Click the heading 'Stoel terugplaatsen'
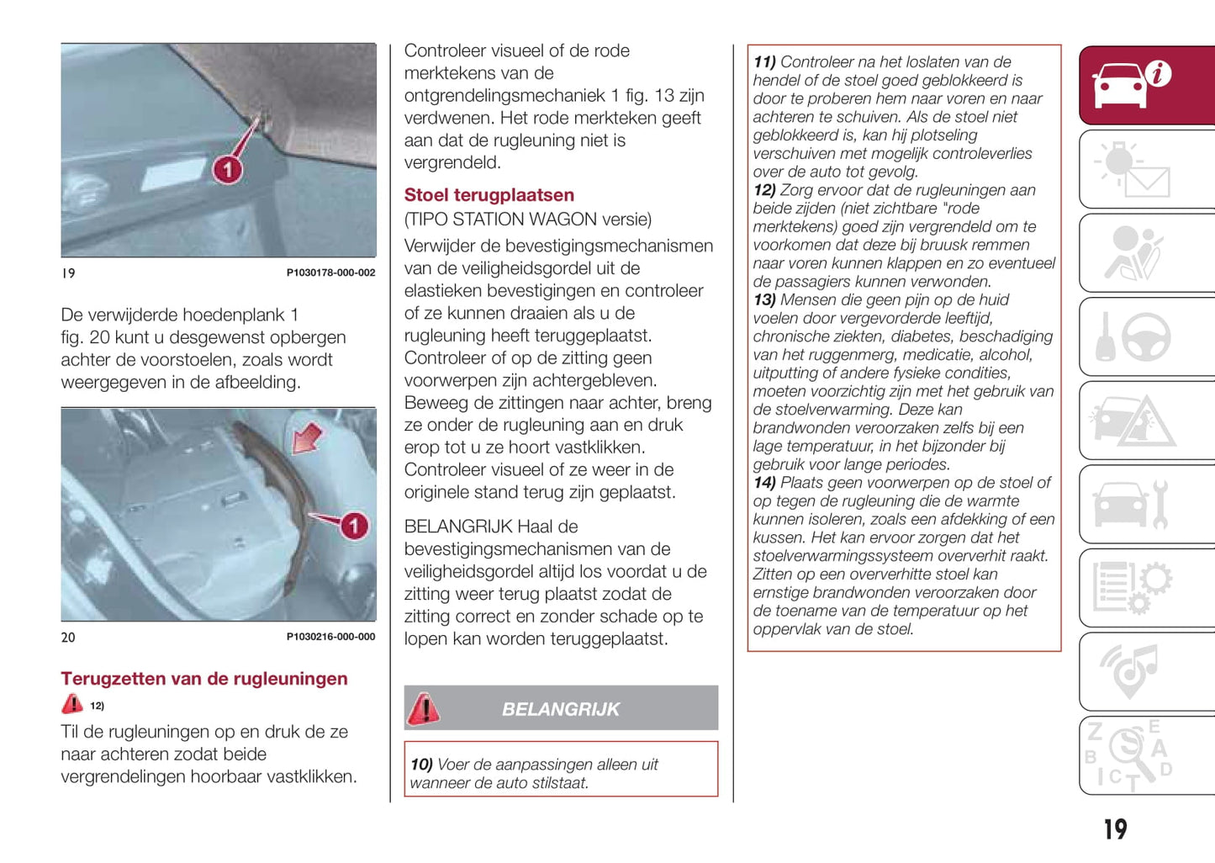pyautogui.click(x=489, y=195)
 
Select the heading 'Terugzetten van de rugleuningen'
pyautogui.click(x=203, y=679)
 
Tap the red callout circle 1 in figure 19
pyautogui.click(x=227, y=170)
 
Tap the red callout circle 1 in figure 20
pyautogui.click(x=354, y=526)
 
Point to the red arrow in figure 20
pyautogui.click(x=307, y=437)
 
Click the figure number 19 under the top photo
pyautogui.click(x=68, y=273)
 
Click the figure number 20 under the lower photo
pyautogui.click(x=68, y=638)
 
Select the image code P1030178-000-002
pyautogui.click(x=330, y=273)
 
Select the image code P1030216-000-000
pyautogui.click(x=330, y=637)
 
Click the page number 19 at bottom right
pyautogui.click(x=1115, y=830)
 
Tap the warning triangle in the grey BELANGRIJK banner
pyautogui.click(x=424, y=708)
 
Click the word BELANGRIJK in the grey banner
pyautogui.click(x=560, y=709)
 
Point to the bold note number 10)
pyautogui.click(x=421, y=765)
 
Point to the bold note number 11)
pyautogui.click(x=764, y=62)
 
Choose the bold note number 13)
pyautogui.click(x=764, y=300)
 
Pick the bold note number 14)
pyautogui.click(x=764, y=483)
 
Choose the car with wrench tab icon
pyautogui.click(x=1132, y=504)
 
